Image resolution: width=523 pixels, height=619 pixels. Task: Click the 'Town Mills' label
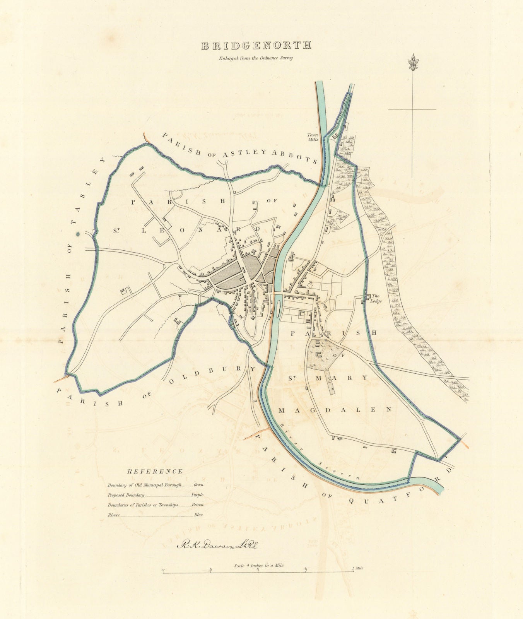tap(313, 137)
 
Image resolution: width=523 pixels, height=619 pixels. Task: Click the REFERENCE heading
tap(155, 471)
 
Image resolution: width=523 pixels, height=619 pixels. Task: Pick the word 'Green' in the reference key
tap(198, 484)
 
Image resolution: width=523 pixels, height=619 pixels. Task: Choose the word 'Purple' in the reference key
tap(197, 495)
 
